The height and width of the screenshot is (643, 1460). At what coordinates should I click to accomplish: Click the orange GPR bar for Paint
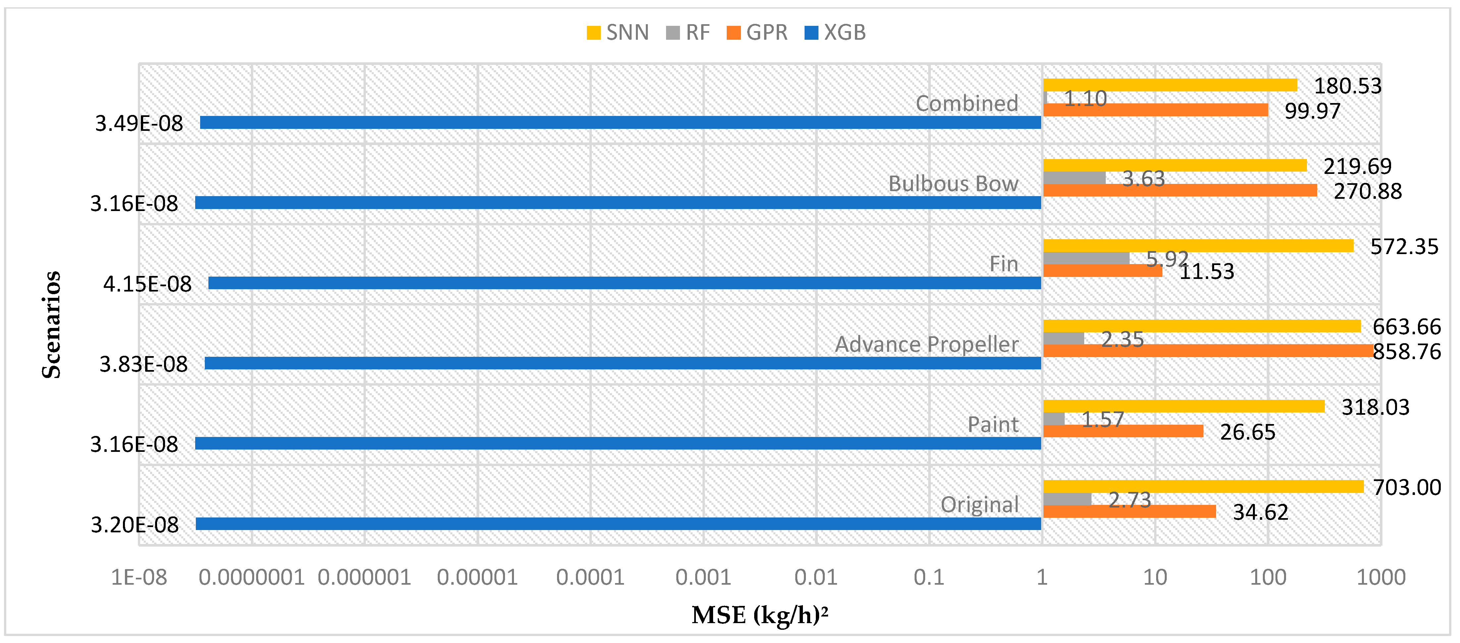1123,431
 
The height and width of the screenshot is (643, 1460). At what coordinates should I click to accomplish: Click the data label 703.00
1407,487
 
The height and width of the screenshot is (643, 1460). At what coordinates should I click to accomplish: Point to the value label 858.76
1407,352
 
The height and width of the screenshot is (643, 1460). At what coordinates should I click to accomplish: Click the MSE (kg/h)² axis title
759,615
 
